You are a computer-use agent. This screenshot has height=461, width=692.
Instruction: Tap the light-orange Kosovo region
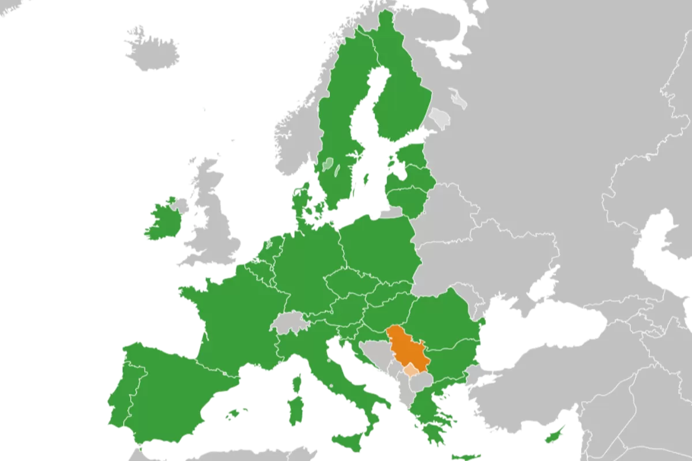[411, 369]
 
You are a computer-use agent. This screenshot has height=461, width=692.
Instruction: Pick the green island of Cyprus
[555, 433]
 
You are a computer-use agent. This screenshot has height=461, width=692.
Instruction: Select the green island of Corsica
[298, 383]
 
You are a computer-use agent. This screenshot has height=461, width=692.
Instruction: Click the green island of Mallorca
[234, 414]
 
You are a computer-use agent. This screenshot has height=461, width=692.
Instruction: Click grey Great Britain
[216, 225]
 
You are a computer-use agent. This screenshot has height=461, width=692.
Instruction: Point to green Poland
[378, 248]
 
